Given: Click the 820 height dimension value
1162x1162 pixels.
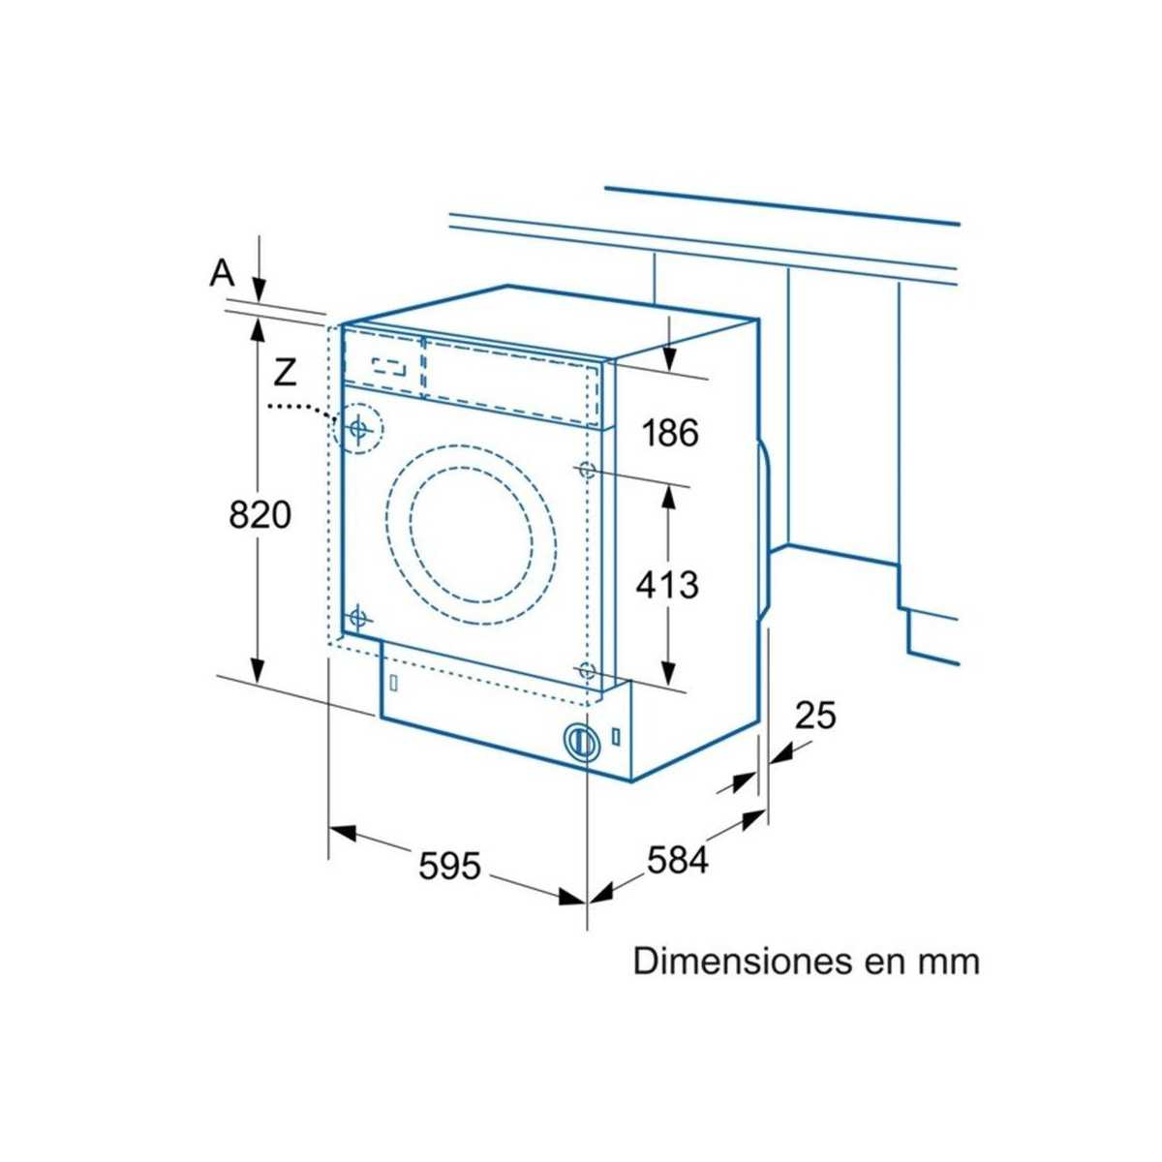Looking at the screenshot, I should coord(260,514).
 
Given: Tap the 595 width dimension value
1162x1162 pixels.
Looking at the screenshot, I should coord(449,865).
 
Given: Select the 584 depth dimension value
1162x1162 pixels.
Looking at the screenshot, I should coord(678,859).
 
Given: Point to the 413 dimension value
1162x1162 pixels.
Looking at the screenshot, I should coord(667,584).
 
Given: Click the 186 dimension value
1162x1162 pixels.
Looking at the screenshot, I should coord(671,433).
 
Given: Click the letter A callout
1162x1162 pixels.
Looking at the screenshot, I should coord(223,274).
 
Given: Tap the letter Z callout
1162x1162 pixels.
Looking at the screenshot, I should coord(283,370).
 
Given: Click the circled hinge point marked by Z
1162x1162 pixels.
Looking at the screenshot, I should coord(358,427).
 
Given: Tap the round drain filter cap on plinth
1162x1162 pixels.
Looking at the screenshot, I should coord(580,741).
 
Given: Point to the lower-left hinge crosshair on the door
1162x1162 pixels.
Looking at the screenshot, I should coord(359,616).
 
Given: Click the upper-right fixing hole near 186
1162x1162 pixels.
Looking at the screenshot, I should coord(586,470).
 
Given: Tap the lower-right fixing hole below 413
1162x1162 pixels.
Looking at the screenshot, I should coord(586,670).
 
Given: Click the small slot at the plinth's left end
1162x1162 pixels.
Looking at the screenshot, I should coord(393,682).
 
